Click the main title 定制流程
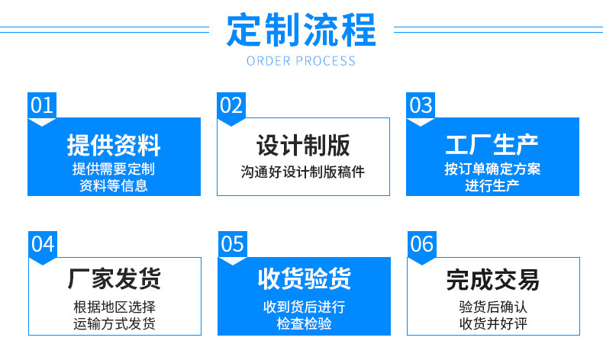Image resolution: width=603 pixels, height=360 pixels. point(301,30)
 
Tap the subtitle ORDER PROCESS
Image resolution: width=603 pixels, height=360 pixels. point(301,61)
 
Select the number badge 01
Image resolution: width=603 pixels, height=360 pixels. point(42,105)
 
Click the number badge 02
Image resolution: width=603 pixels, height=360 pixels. point(231,105)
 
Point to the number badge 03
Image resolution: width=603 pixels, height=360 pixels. point(421,105)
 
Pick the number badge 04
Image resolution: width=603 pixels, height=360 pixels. point(43,244)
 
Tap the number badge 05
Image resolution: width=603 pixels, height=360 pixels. point(232,244)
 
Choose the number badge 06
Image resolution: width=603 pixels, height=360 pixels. point(422,244)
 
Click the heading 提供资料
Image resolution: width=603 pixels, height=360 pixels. point(114,145)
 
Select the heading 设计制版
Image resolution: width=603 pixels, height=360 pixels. point(303,145)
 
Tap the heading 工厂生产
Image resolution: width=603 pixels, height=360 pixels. point(492,145)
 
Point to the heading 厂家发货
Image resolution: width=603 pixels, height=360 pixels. point(114,278)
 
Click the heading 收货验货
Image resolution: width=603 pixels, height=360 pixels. point(305,278)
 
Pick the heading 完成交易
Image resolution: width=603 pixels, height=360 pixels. point(493,280)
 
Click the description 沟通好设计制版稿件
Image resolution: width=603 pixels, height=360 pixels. point(303,172)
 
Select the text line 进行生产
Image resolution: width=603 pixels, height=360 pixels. point(492,186)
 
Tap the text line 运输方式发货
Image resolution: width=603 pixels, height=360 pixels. point(114,324)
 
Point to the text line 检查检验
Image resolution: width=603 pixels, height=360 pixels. point(305,324)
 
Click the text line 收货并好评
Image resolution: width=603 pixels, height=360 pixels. point(493,324)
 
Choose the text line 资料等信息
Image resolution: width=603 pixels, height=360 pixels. point(114,186)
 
